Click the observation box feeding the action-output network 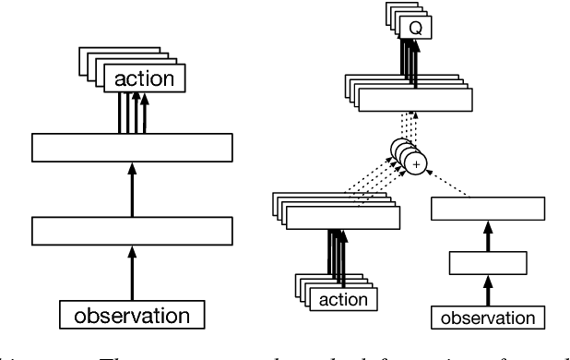pyautogui.click(x=131, y=315)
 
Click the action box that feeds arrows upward pyautogui.click(x=341, y=299)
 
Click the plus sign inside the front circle pyautogui.click(x=417, y=162)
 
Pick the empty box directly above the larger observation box pyautogui.click(x=131, y=229)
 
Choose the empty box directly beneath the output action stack pyautogui.click(x=131, y=147)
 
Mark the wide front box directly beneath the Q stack pyautogui.click(x=414, y=101)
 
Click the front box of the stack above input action pyautogui.click(x=343, y=218)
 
